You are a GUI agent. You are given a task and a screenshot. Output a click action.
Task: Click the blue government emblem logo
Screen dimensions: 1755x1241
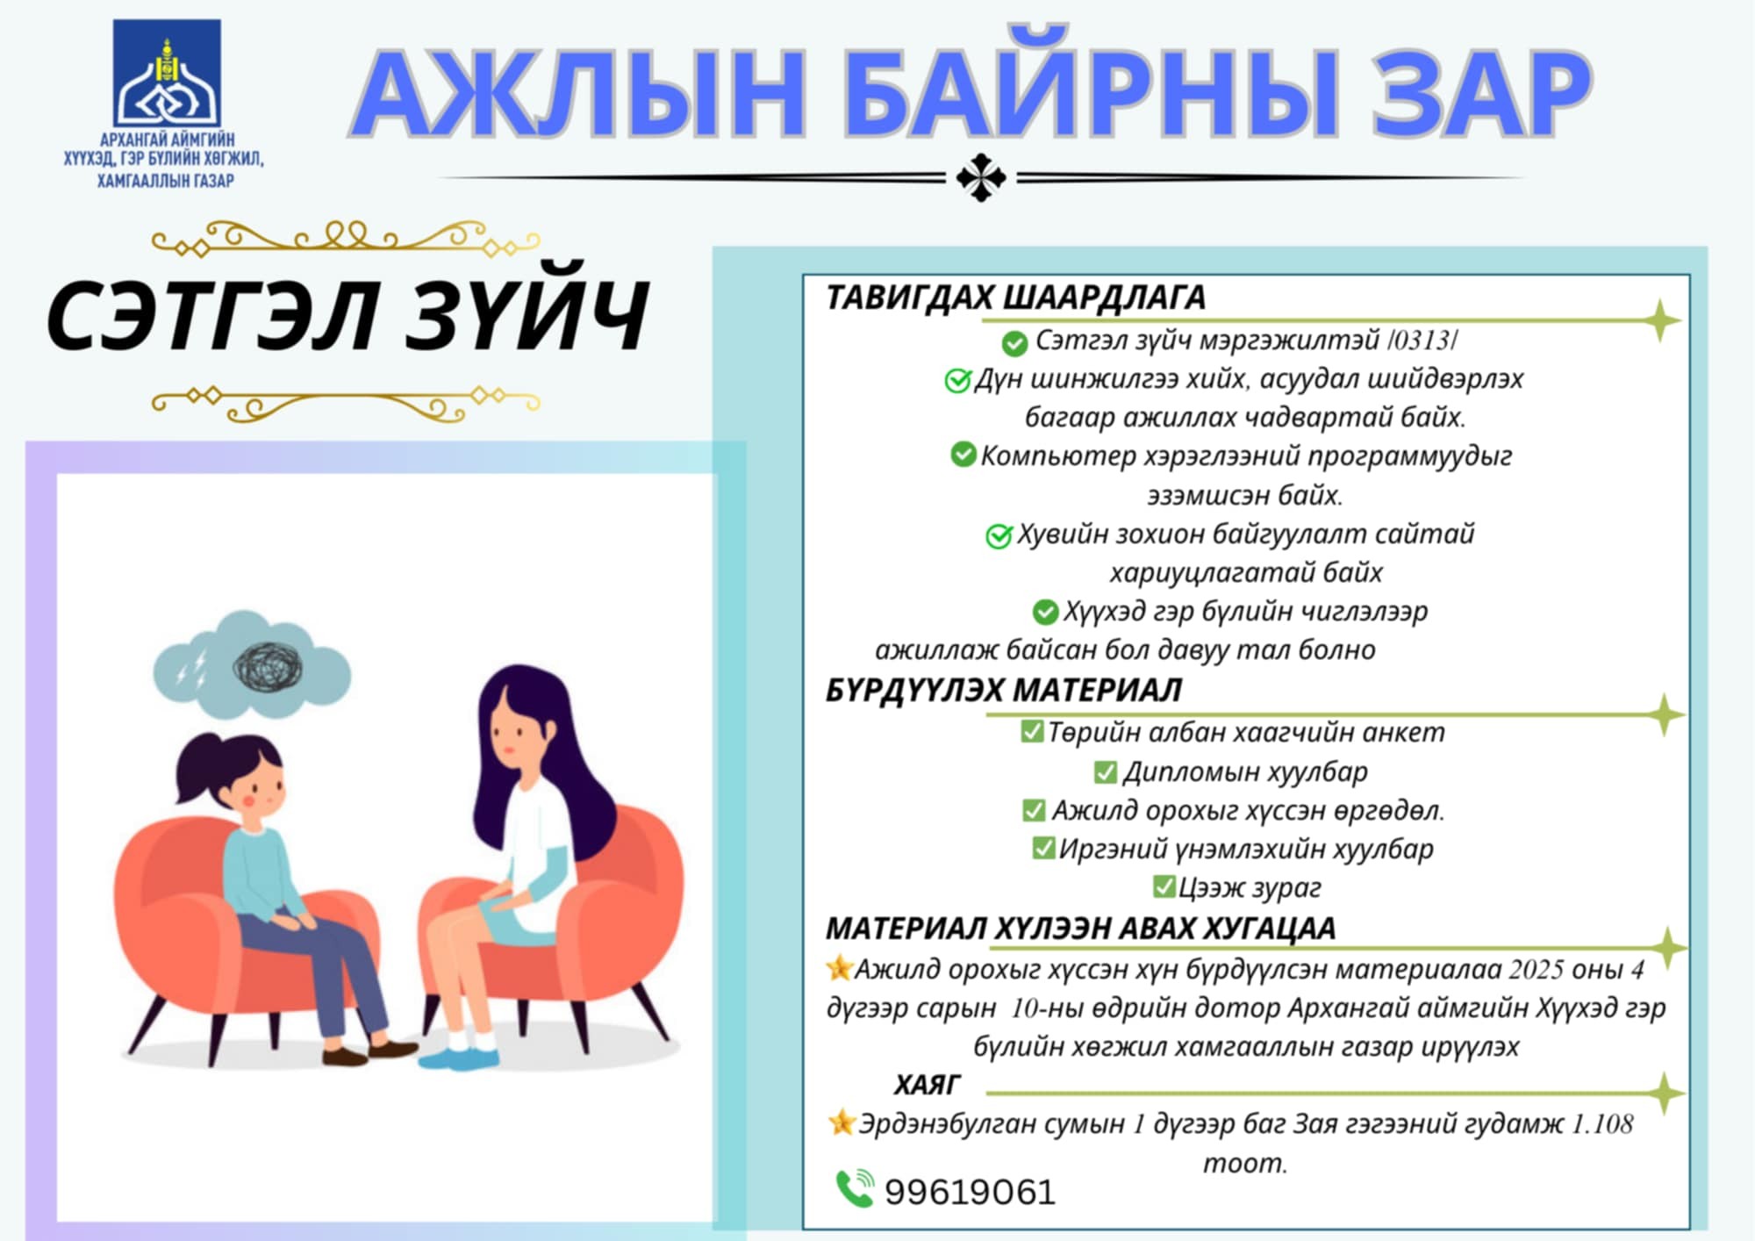(x=167, y=73)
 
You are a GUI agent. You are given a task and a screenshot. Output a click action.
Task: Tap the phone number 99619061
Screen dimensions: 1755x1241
(x=970, y=1192)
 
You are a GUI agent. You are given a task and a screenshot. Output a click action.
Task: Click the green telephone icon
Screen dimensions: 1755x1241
(x=855, y=1188)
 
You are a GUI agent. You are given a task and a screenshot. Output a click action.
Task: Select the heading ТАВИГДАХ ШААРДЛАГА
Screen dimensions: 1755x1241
(x=1015, y=298)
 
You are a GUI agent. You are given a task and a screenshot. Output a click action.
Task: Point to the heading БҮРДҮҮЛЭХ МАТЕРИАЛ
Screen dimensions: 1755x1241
(x=1003, y=690)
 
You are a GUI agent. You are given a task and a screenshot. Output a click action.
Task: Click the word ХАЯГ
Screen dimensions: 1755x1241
(x=928, y=1085)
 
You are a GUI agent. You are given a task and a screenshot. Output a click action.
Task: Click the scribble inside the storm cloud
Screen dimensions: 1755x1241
(x=269, y=666)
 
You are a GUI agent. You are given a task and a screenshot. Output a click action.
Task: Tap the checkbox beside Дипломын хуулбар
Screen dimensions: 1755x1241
(x=1106, y=771)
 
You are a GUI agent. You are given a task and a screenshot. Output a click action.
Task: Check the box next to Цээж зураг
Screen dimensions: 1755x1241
(x=1164, y=886)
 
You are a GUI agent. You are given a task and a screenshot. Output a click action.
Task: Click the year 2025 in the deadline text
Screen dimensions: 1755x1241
(x=1537, y=969)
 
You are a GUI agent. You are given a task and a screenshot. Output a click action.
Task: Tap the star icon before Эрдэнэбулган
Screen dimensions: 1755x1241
(x=842, y=1122)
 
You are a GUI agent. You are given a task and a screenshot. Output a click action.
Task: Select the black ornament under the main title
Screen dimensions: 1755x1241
(x=981, y=177)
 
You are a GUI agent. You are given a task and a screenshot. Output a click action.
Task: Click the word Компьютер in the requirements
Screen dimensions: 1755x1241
(x=1057, y=456)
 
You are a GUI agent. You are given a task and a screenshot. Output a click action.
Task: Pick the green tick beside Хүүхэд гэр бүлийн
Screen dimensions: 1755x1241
(x=1045, y=611)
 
